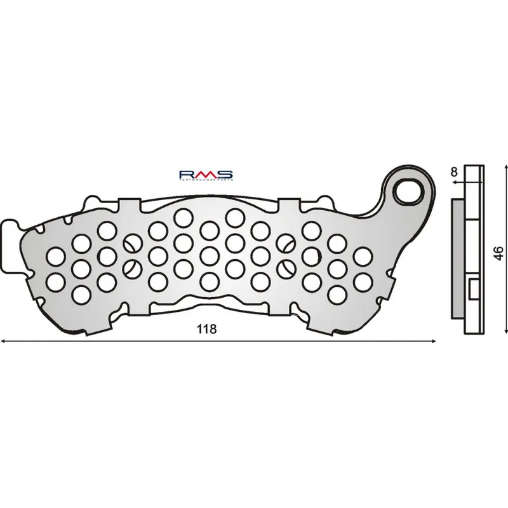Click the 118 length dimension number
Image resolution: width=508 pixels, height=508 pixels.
(x=207, y=329)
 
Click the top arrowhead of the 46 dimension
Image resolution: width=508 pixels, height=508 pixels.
(x=506, y=165)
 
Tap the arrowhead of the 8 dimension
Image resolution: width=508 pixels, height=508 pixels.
(x=455, y=182)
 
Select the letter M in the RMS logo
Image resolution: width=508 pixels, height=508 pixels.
(x=206, y=173)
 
